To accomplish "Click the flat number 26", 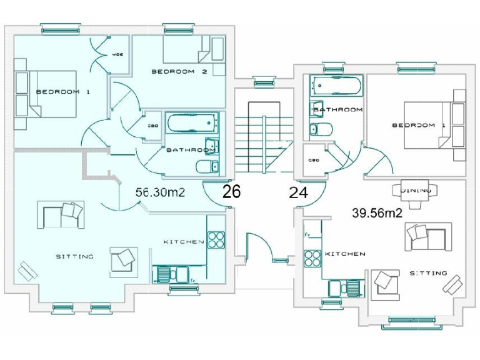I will click(x=231, y=192).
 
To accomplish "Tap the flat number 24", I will click(x=299, y=192).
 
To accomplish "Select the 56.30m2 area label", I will click(x=161, y=192).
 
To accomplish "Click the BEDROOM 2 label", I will click(x=179, y=72).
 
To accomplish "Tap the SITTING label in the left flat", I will click(x=74, y=256).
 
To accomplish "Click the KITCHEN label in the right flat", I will click(x=345, y=254).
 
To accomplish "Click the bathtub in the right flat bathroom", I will click(x=336, y=86).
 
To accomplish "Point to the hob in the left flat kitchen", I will click(x=216, y=240).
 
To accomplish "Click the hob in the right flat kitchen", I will click(x=311, y=257).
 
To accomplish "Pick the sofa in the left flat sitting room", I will click(x=61, y=214).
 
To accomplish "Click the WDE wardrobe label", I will click(x=117, y=54).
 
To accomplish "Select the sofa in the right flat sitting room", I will click(x=429, y=236).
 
